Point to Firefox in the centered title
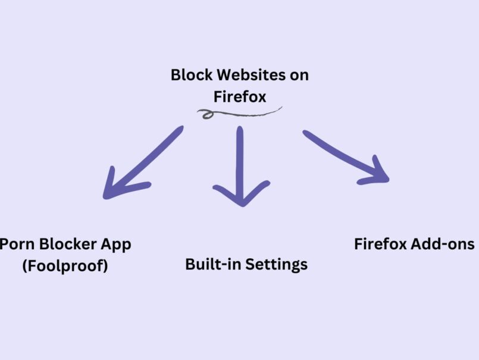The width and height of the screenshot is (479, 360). (x=239, y=96)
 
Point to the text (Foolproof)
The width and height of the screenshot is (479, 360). (x=65, y=265)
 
